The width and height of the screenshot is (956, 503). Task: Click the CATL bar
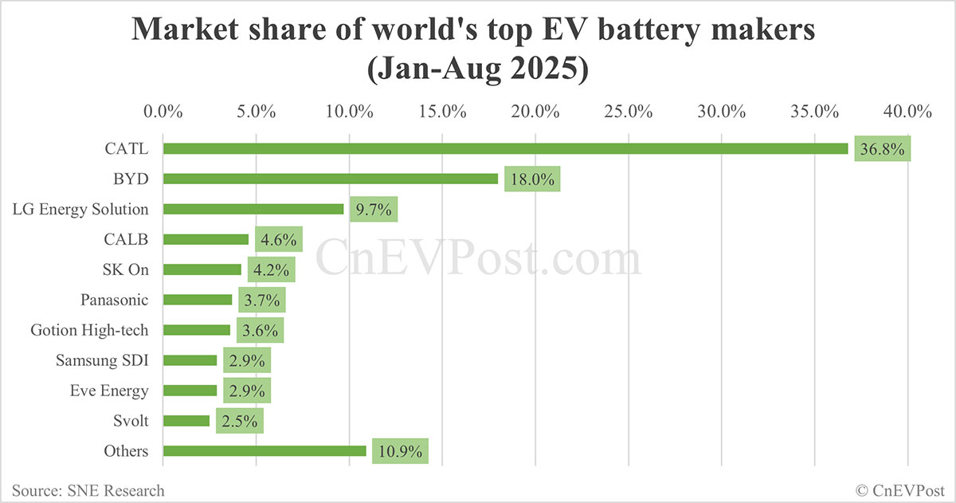tap(505, 148)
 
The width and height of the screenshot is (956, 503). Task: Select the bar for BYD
tap(331, 179)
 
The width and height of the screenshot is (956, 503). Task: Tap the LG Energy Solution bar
tap(253, 209)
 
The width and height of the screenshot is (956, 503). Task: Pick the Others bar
tap(264, 451)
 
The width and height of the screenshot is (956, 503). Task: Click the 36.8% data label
tap(882, 148)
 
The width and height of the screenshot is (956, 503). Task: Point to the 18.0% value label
tap(531, 179)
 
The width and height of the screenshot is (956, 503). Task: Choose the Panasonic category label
tap(115, 300)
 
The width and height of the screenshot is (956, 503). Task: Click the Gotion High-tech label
tap(89, 330)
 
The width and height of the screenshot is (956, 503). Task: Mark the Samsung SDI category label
tap(102, 360)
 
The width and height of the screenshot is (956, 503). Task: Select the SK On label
tap(121, 269)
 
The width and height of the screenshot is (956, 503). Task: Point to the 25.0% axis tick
tap(629, 112)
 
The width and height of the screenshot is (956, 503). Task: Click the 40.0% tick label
tap(908, 112)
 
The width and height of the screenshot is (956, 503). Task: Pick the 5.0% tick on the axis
tap(256, 112)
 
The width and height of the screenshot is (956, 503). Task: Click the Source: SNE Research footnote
tap(88, 490)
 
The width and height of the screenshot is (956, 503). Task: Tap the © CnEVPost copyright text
tap(900, 490)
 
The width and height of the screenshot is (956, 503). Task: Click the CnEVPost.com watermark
tap(478, 260)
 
